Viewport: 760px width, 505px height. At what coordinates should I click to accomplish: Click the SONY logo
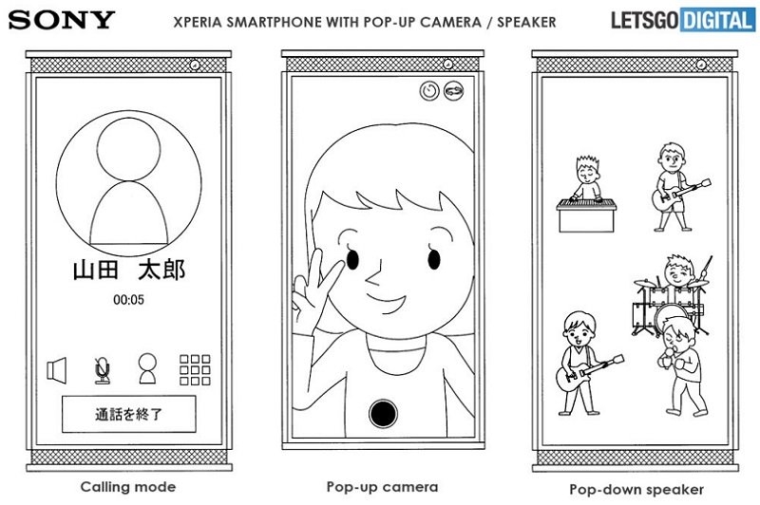tap(62, 20)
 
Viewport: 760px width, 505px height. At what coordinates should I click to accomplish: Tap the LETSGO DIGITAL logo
tap(683, 20)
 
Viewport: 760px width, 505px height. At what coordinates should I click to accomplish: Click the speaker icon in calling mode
tap(57, 370)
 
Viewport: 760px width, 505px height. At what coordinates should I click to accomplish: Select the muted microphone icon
tap(102, 370)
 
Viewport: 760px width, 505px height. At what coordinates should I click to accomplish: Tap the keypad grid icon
tap(195, 370)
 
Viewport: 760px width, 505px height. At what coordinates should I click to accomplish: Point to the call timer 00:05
tap(128, 300)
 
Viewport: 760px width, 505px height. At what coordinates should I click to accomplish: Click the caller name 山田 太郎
tap(129, 270)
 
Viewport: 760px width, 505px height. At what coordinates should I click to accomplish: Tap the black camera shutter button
tap(383, 414)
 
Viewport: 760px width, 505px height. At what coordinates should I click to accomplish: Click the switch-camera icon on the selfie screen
tap(454, 90)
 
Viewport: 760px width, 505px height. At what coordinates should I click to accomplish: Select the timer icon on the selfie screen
tap(429, 90)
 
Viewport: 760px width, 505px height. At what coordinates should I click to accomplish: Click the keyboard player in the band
tap(586, 194)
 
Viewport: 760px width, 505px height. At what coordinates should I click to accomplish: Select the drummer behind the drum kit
tap(678, 271)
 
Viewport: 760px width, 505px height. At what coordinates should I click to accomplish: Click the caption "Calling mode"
tap(128, 487)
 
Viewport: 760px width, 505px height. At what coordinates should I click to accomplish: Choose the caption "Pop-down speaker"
tap(636, 490)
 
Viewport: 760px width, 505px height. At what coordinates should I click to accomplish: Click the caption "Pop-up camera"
tap(382, 487)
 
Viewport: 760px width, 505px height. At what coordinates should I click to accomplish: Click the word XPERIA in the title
tap(199, 22)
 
